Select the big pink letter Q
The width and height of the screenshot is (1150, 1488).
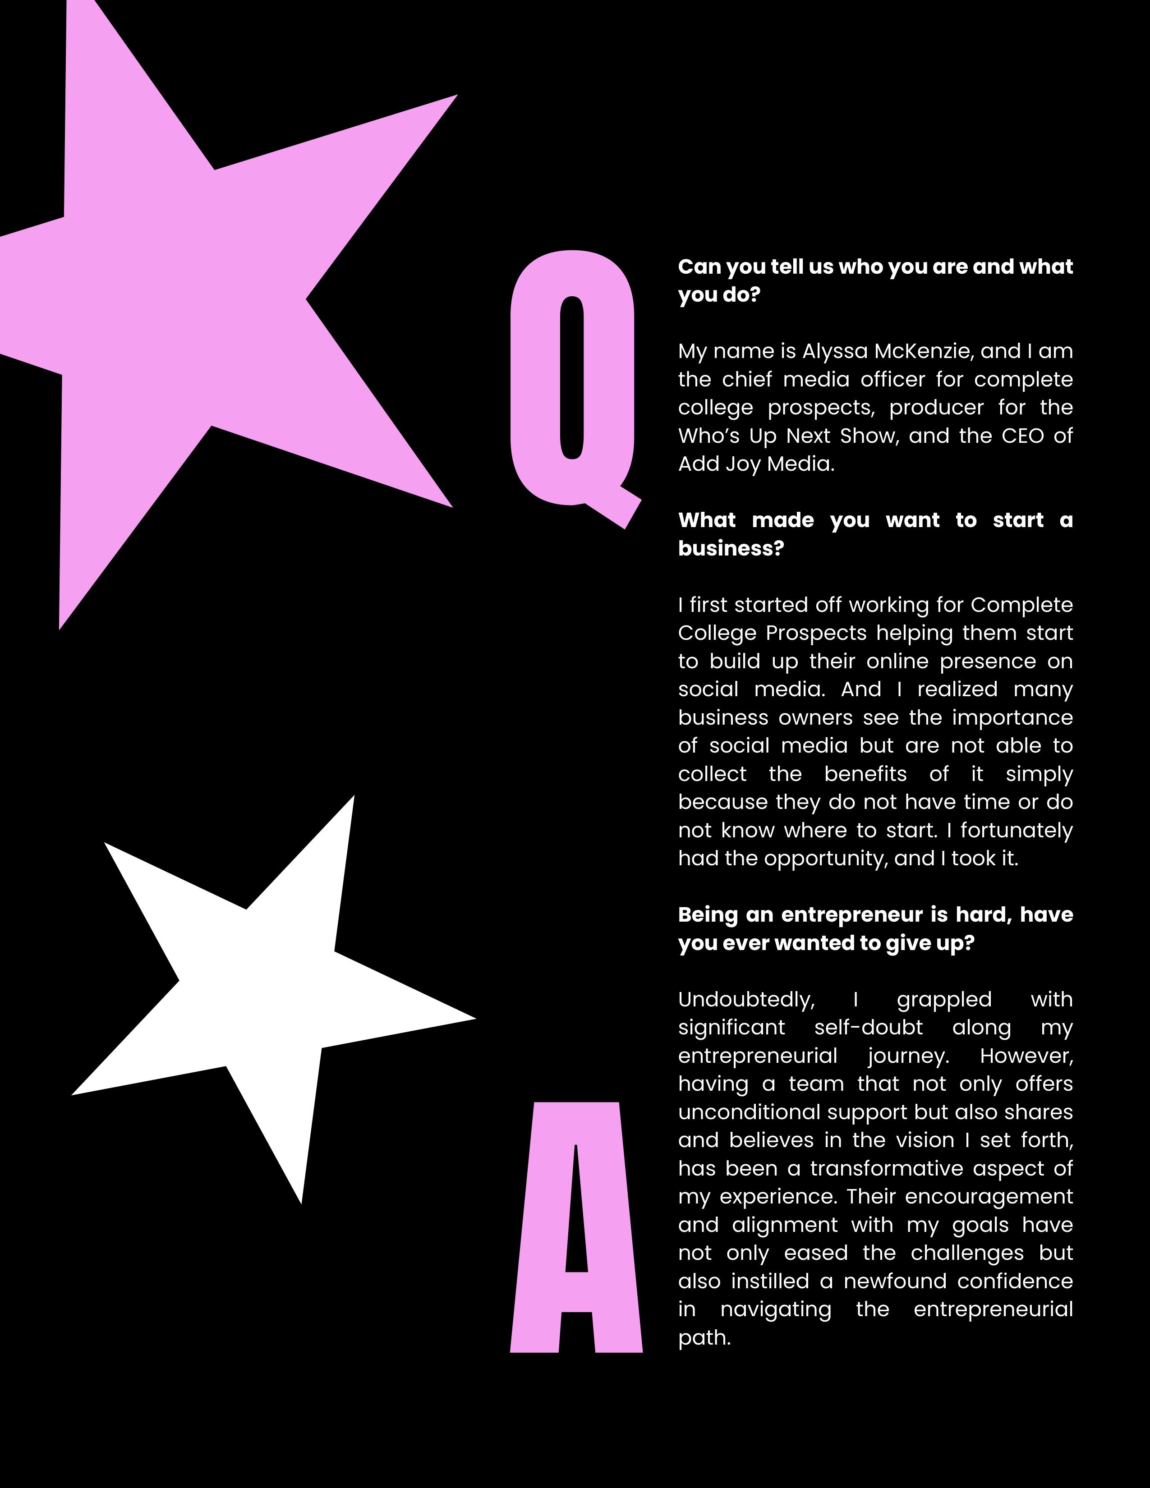tap(538, 381)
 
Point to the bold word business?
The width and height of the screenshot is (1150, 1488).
tap(731, 548)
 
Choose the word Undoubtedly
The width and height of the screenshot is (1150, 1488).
tap(746, 1000)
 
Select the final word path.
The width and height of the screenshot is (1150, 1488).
tap(704, 1338)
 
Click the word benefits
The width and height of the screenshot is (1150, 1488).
tap(865, 774)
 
